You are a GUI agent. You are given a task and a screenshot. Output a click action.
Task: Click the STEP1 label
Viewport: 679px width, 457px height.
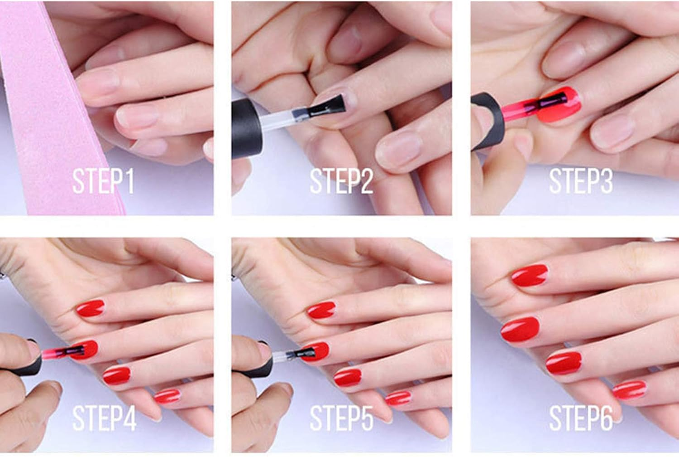(x=103, y=181)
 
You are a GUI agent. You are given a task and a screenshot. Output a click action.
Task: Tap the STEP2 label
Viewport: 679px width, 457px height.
(x=341, y=181)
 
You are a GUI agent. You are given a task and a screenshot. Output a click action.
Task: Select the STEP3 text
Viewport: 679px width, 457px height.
(x=581, y=181)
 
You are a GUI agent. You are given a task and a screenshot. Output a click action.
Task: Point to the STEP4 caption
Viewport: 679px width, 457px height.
(x=104, y=418)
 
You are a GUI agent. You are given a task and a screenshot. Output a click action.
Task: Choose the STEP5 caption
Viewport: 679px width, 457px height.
(x=341, y=418)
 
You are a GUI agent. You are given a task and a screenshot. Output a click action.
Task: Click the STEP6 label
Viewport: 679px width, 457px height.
(x=581, y=418)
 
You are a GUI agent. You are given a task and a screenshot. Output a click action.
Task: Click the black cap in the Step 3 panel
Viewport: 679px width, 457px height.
(x=487, y=120)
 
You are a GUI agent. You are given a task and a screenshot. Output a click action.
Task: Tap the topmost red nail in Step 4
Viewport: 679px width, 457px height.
(x=90, y=308)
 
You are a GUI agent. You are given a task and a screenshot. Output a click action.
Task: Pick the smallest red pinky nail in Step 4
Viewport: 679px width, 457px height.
(x=167, y=396)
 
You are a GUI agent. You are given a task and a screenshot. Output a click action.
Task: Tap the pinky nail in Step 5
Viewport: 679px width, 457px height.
(x=398, y=398)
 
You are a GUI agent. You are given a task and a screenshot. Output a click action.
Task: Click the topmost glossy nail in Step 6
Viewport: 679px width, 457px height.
(x=530, y=275)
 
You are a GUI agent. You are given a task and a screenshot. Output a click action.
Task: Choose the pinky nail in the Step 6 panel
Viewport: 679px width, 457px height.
(x=629, y=390)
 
